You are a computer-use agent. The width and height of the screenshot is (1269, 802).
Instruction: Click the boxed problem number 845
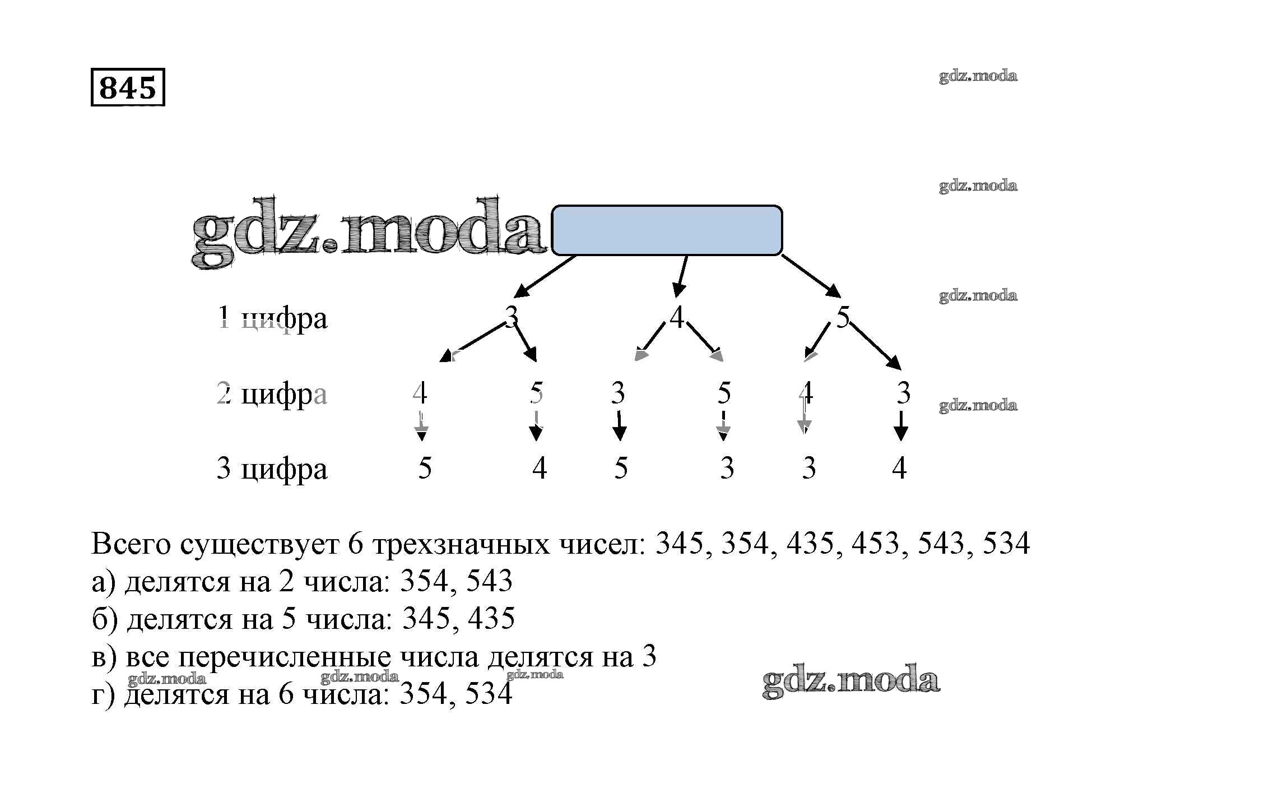(x=128, y=87)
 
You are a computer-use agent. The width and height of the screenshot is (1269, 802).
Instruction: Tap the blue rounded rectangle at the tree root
(x=667, y=230)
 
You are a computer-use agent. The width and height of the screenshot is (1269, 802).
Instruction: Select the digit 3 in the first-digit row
(x=511, y=317)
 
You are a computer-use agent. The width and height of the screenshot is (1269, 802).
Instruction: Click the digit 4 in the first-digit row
(x=677, y=317)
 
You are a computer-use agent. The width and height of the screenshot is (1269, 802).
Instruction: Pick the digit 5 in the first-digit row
(x=843, y=317)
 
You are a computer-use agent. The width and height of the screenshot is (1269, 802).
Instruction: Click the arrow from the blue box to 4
(x=681, y=276)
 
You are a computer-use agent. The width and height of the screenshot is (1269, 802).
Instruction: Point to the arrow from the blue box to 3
(x=545, y=276)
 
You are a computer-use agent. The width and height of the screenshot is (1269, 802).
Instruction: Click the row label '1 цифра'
(x=272, y=318)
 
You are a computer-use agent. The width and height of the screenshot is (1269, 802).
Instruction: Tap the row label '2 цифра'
(x=272, y=394)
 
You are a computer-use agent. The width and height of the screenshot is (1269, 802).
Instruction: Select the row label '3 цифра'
(x=272, y=469)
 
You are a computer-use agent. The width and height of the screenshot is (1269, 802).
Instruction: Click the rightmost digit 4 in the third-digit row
(x=899, y=468)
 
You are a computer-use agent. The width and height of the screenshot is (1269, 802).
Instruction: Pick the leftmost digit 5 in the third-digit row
(x=425, y=468)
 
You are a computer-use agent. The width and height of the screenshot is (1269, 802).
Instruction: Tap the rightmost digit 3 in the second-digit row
(x=903, y=393)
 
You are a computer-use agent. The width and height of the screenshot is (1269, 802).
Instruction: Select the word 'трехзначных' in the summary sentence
(x=461, y=543)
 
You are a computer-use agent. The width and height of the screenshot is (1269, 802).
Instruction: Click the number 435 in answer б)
(x=491, y=619)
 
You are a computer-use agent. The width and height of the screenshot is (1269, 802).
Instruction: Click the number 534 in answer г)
(x=489, y=694)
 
